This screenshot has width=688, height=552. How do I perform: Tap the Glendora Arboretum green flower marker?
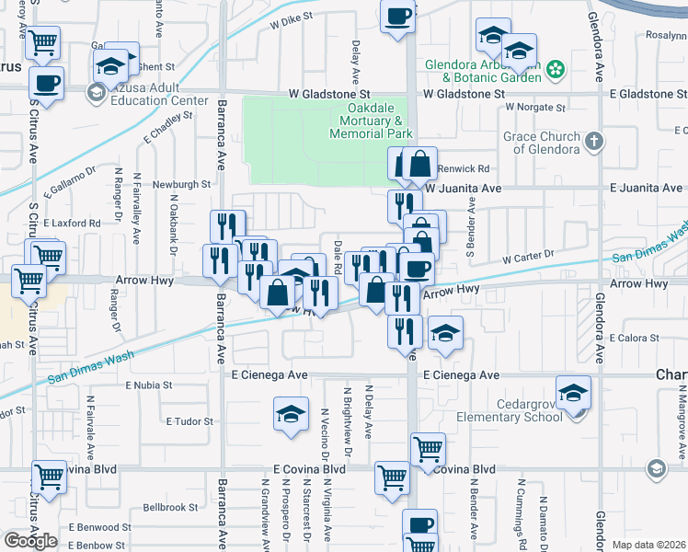(x=556, y=68)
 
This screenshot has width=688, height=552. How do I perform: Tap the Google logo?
(x=30, y=540)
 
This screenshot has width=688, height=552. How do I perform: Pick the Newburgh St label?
(x=182, y=184)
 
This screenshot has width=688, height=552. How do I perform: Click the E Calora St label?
(x=636, y=338)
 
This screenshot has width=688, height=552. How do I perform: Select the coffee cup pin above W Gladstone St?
(x=397, y=18)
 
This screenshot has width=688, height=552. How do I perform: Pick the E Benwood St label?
(x=98, y=527)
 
